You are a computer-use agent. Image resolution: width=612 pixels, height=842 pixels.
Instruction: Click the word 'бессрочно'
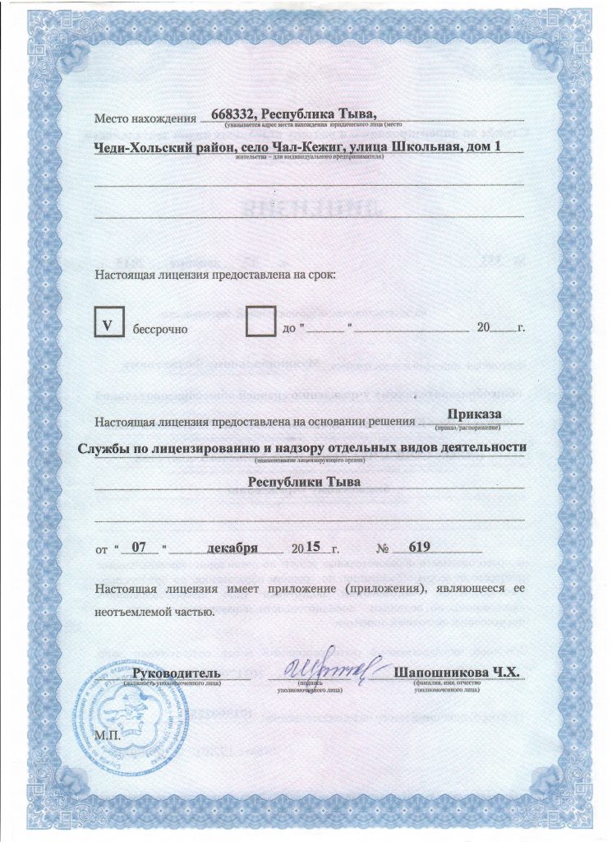pyautogui.click(x=160, y=330)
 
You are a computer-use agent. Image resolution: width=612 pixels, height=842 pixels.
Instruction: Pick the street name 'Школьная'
pyautogui.click(x=414, y=147)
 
